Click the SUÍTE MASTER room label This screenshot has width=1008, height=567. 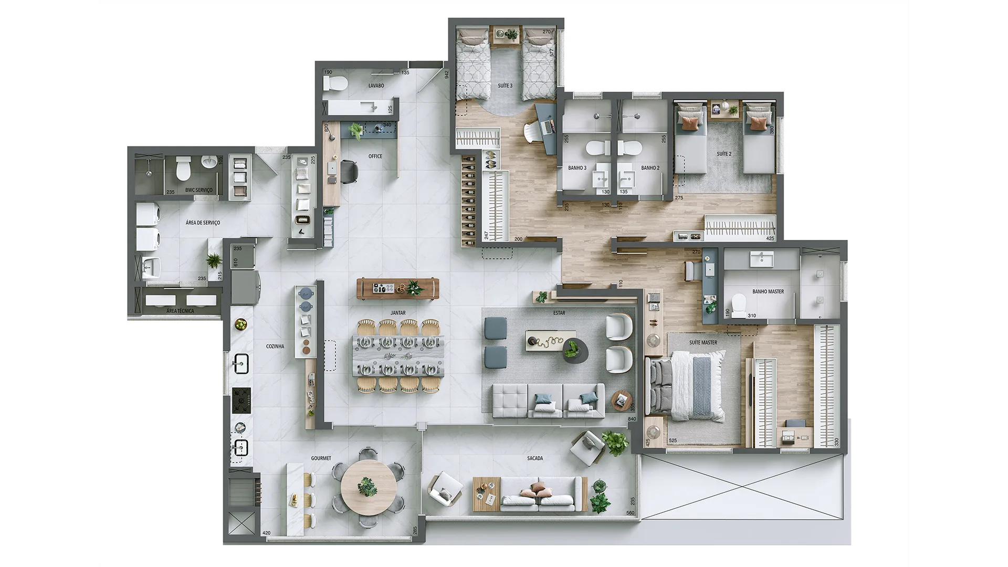(703, 342)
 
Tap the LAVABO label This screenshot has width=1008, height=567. (376, 86)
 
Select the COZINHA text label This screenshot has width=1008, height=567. (275, 346)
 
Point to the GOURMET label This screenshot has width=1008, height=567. (321, 458)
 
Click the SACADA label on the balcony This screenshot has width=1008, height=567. (535, 458)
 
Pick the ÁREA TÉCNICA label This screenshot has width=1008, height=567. (180, 311)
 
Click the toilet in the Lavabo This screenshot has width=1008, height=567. (334, 83)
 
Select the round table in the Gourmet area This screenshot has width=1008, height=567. (369, 488)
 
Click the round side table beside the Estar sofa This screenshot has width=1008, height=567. (622, 401)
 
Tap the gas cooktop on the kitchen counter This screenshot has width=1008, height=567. (241, 400)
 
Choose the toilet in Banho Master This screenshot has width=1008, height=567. (739, 304)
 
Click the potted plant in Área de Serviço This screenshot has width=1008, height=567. (214, 260)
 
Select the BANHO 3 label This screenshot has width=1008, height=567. (577, 168)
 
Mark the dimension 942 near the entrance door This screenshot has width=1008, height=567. (447, 75)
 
